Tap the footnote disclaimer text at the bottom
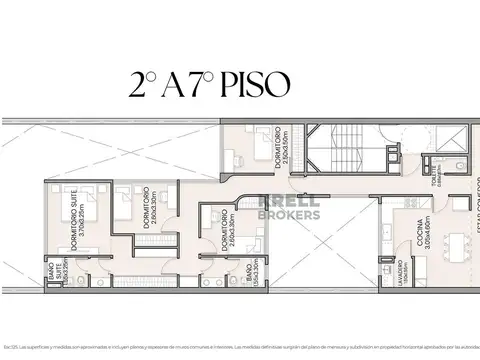coord(240,344)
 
